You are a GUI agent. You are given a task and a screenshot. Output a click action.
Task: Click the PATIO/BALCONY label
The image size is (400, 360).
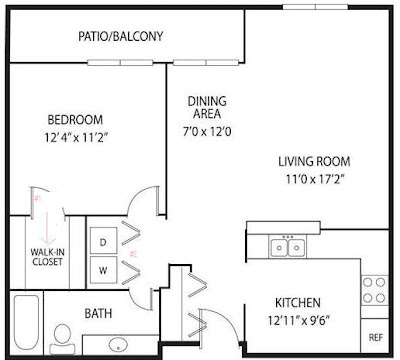point(121,36)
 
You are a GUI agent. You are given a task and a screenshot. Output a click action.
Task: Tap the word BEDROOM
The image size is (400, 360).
point(75,120)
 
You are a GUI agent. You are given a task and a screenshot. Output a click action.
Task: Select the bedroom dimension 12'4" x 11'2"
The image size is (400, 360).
point(77,137)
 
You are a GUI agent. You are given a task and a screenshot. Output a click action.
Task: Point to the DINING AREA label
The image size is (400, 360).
point(207,107)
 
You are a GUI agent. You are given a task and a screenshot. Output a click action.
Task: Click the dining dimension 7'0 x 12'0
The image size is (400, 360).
point(207,132)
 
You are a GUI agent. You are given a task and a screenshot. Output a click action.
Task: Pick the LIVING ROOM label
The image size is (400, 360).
point(314,162)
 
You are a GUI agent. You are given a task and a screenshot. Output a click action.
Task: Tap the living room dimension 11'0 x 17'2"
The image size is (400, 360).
point(315,179)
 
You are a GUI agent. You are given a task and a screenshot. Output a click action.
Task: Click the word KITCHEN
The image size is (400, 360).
point(298,303)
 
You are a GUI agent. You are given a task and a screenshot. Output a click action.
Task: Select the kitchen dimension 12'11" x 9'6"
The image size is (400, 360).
point(299,321)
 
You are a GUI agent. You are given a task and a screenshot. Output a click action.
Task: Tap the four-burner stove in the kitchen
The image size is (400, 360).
point(375,290)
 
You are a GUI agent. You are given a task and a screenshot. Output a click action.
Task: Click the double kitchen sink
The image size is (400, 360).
point(288,247)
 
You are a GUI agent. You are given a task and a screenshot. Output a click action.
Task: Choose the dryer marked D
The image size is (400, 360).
point(103,241)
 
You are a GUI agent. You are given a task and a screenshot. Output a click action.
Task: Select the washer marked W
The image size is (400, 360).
point(103,270)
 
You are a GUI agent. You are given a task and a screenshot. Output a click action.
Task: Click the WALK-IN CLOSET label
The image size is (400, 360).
point(48,257)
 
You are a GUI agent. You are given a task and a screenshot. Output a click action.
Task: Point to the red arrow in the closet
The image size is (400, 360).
point(47,228)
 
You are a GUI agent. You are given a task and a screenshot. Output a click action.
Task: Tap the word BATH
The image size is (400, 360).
point(98,313)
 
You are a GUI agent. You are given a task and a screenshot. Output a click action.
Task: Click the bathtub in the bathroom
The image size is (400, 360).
point(27,321)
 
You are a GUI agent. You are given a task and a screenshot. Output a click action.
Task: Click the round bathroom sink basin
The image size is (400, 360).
point(118,344)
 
